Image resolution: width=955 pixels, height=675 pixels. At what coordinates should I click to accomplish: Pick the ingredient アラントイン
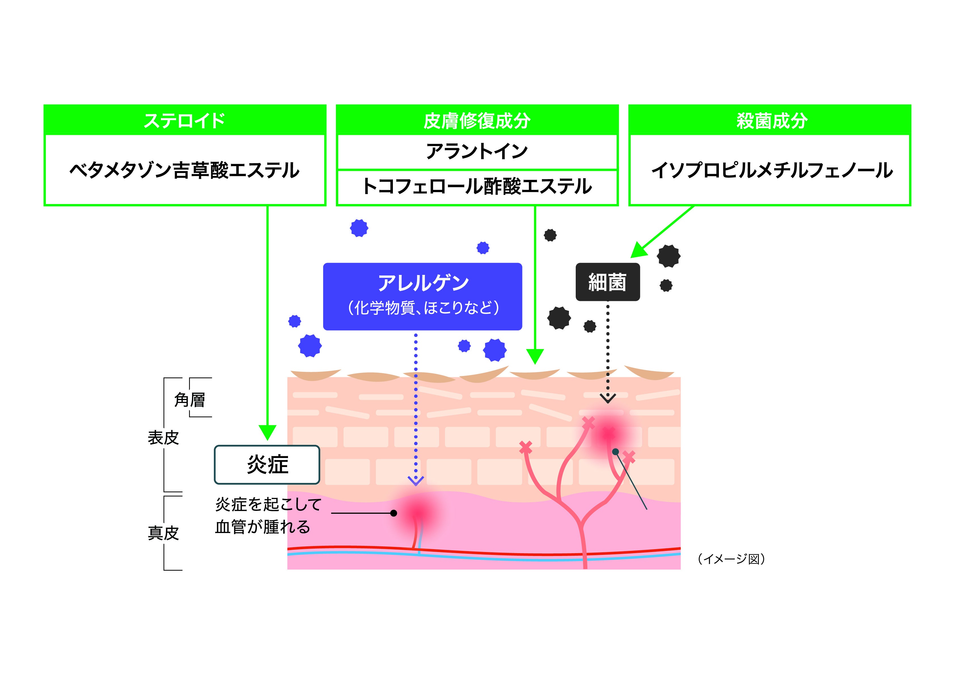pos(477,151)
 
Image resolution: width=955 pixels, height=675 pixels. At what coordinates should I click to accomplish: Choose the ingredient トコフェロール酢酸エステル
pos(477,187)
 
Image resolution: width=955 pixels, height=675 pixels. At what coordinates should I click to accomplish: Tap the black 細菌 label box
pos(607,282)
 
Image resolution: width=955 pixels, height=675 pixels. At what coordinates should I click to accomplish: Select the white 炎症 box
pos(267,464)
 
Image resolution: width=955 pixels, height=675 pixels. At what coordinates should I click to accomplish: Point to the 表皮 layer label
pos(163,438)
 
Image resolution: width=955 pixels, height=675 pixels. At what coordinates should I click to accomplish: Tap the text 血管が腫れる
pos(262,527)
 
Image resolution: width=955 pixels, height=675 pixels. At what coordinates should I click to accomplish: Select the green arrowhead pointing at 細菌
pos(638,251)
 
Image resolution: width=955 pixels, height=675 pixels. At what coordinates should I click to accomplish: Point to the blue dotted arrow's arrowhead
pos(416,481)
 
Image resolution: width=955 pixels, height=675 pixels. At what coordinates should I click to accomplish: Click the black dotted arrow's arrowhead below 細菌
pos(608,399)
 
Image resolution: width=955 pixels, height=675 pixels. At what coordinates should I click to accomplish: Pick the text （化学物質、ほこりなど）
pos(423,308)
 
